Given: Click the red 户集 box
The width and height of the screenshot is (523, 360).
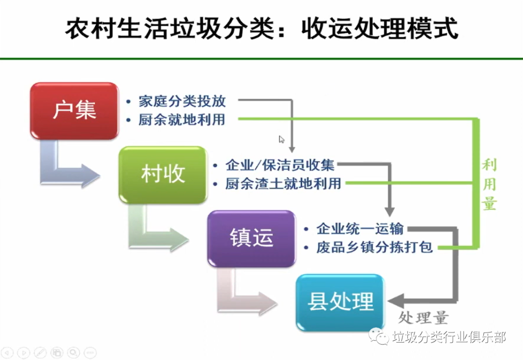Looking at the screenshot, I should click(x=74, y=111).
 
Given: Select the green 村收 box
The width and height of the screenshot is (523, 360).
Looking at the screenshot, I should click(x=163, y=174).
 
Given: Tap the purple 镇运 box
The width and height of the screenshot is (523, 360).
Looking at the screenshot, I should click(x=251, y=238).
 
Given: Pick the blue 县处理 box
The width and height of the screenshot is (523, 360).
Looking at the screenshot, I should click(x=340, y=302).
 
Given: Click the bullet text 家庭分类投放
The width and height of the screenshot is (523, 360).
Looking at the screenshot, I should click(x=182, y=101).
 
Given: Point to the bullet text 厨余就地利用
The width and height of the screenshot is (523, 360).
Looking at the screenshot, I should click(x=182, y=119).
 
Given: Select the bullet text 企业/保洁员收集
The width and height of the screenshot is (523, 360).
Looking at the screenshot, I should click(x=280, y=165).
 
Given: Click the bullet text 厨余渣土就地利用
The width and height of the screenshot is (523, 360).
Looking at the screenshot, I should click(x=283, y=184).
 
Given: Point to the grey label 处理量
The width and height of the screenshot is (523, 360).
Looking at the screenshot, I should click(x=424, y=318).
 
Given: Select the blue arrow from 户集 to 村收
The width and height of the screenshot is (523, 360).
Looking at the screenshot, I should click(x=68, y=167).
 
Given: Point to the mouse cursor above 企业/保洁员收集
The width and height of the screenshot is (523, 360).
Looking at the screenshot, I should click(x=281, y=140).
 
